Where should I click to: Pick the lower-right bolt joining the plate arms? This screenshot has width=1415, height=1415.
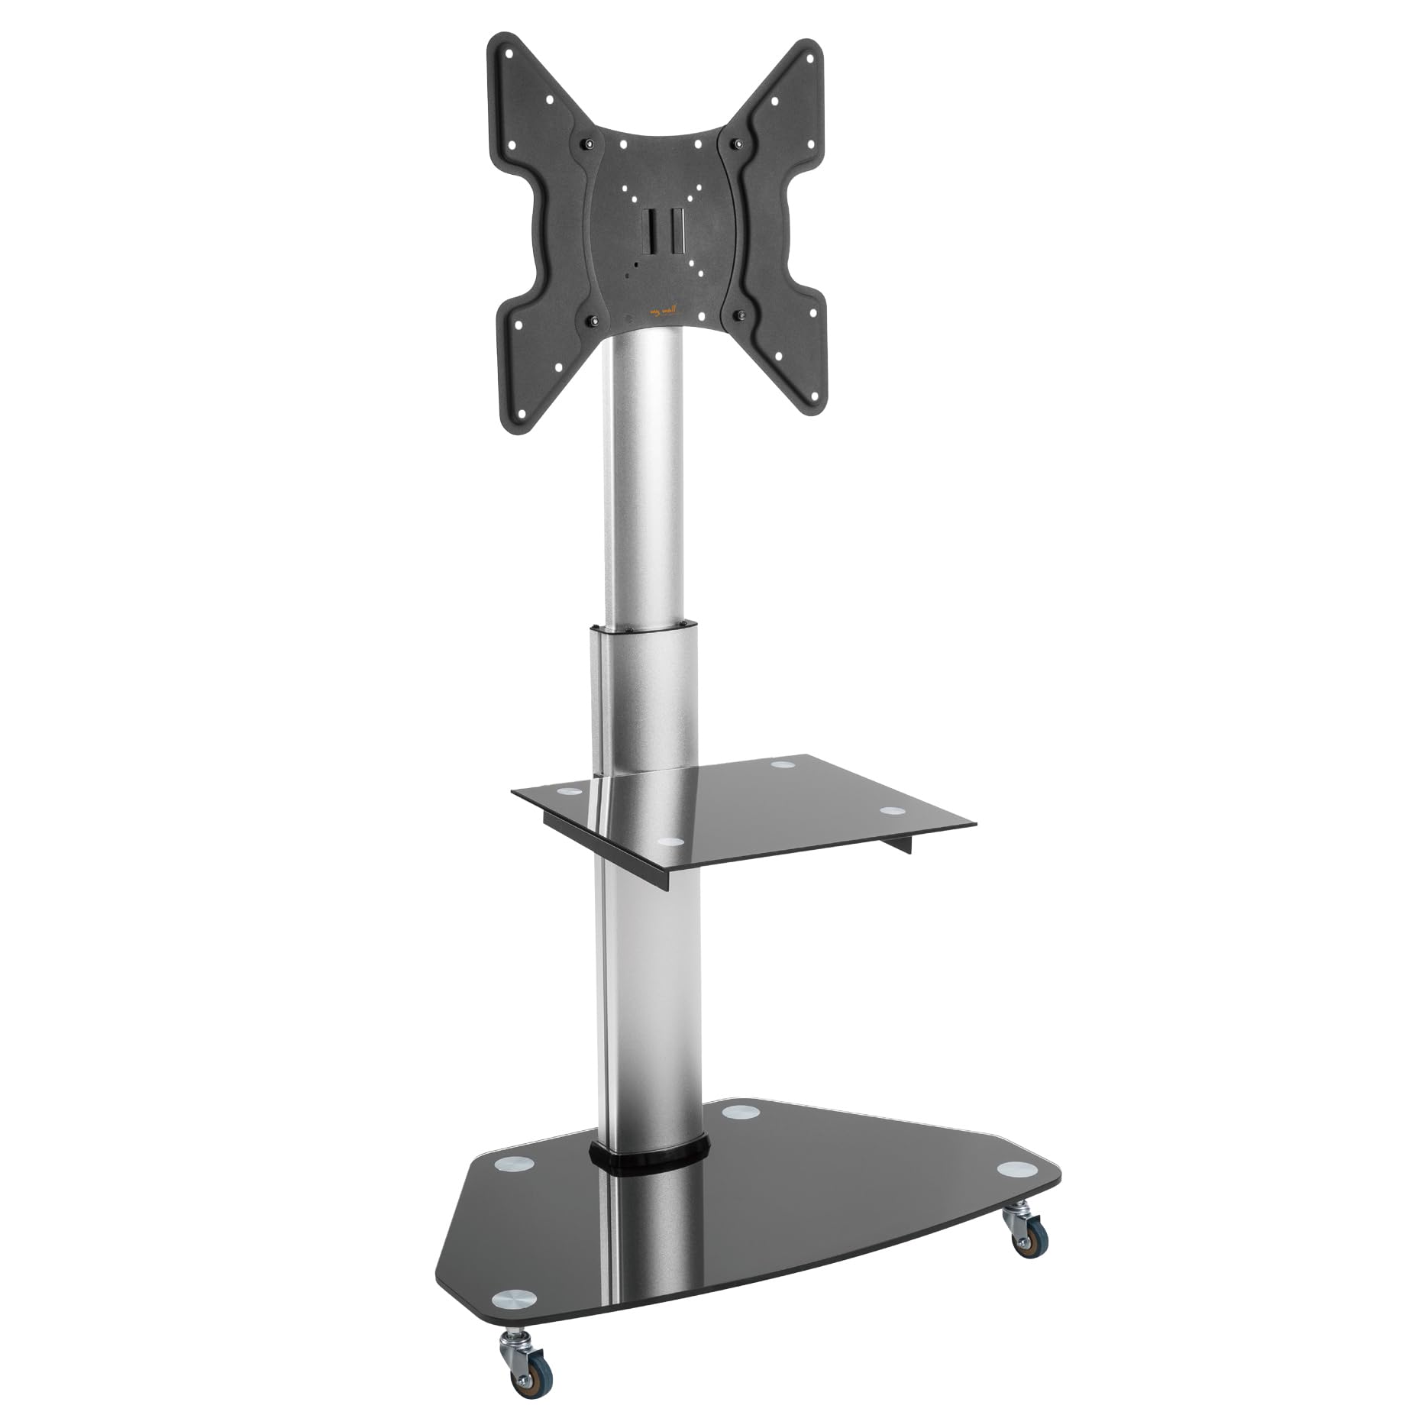click(739, 314)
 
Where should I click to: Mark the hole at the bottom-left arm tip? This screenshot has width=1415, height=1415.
click(522, 415)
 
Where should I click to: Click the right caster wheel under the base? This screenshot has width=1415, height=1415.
click(1022, 1242)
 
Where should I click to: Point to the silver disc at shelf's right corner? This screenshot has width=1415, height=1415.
click(890, 812)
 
